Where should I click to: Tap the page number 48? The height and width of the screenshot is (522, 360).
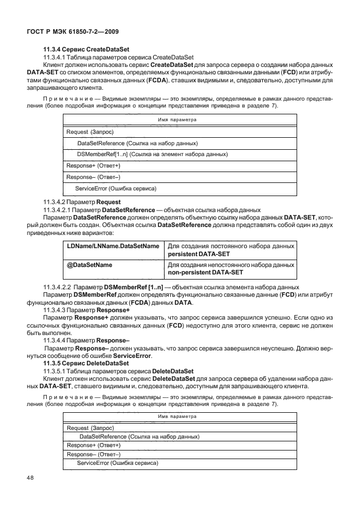pos(30,476)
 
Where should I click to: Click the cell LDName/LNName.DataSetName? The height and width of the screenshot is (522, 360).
pos(113,245)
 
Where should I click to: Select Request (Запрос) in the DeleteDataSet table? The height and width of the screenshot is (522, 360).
pos(91,428)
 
